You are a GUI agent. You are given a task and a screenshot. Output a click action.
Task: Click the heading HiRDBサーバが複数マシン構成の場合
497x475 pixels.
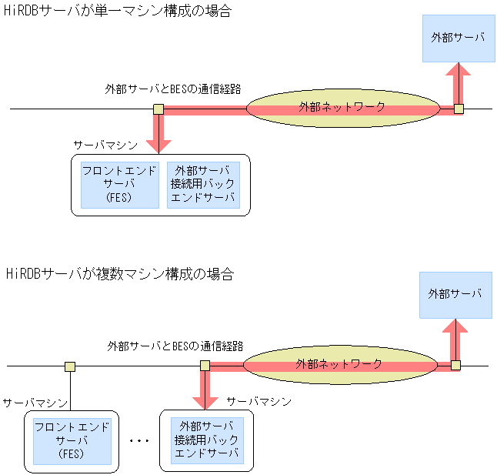pos(119,273)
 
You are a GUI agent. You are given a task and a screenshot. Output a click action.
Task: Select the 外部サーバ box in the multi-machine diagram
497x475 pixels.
pos(455,294)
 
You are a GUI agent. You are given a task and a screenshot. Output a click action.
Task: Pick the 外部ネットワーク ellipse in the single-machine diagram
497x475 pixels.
pos(342,108)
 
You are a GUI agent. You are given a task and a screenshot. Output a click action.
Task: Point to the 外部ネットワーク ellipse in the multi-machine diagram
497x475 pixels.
pos(339,364)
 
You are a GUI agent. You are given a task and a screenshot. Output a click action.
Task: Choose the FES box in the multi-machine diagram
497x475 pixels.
pos(72,440)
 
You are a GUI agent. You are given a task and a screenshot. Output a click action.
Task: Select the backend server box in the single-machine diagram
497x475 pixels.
pos(203,185)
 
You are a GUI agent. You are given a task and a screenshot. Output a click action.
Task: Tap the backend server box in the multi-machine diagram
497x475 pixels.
pos(207,440)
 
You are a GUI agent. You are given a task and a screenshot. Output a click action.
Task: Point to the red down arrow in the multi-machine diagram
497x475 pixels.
pos(205,390)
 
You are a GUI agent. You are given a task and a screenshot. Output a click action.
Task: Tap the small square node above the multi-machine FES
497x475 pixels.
pos(70,366)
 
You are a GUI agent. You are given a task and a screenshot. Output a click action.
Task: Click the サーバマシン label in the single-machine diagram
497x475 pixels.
pos(105,145)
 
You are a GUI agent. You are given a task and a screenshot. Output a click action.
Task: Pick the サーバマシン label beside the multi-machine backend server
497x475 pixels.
pos(259,402)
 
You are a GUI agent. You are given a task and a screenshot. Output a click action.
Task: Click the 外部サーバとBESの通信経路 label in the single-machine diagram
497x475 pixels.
pos(173,89)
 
